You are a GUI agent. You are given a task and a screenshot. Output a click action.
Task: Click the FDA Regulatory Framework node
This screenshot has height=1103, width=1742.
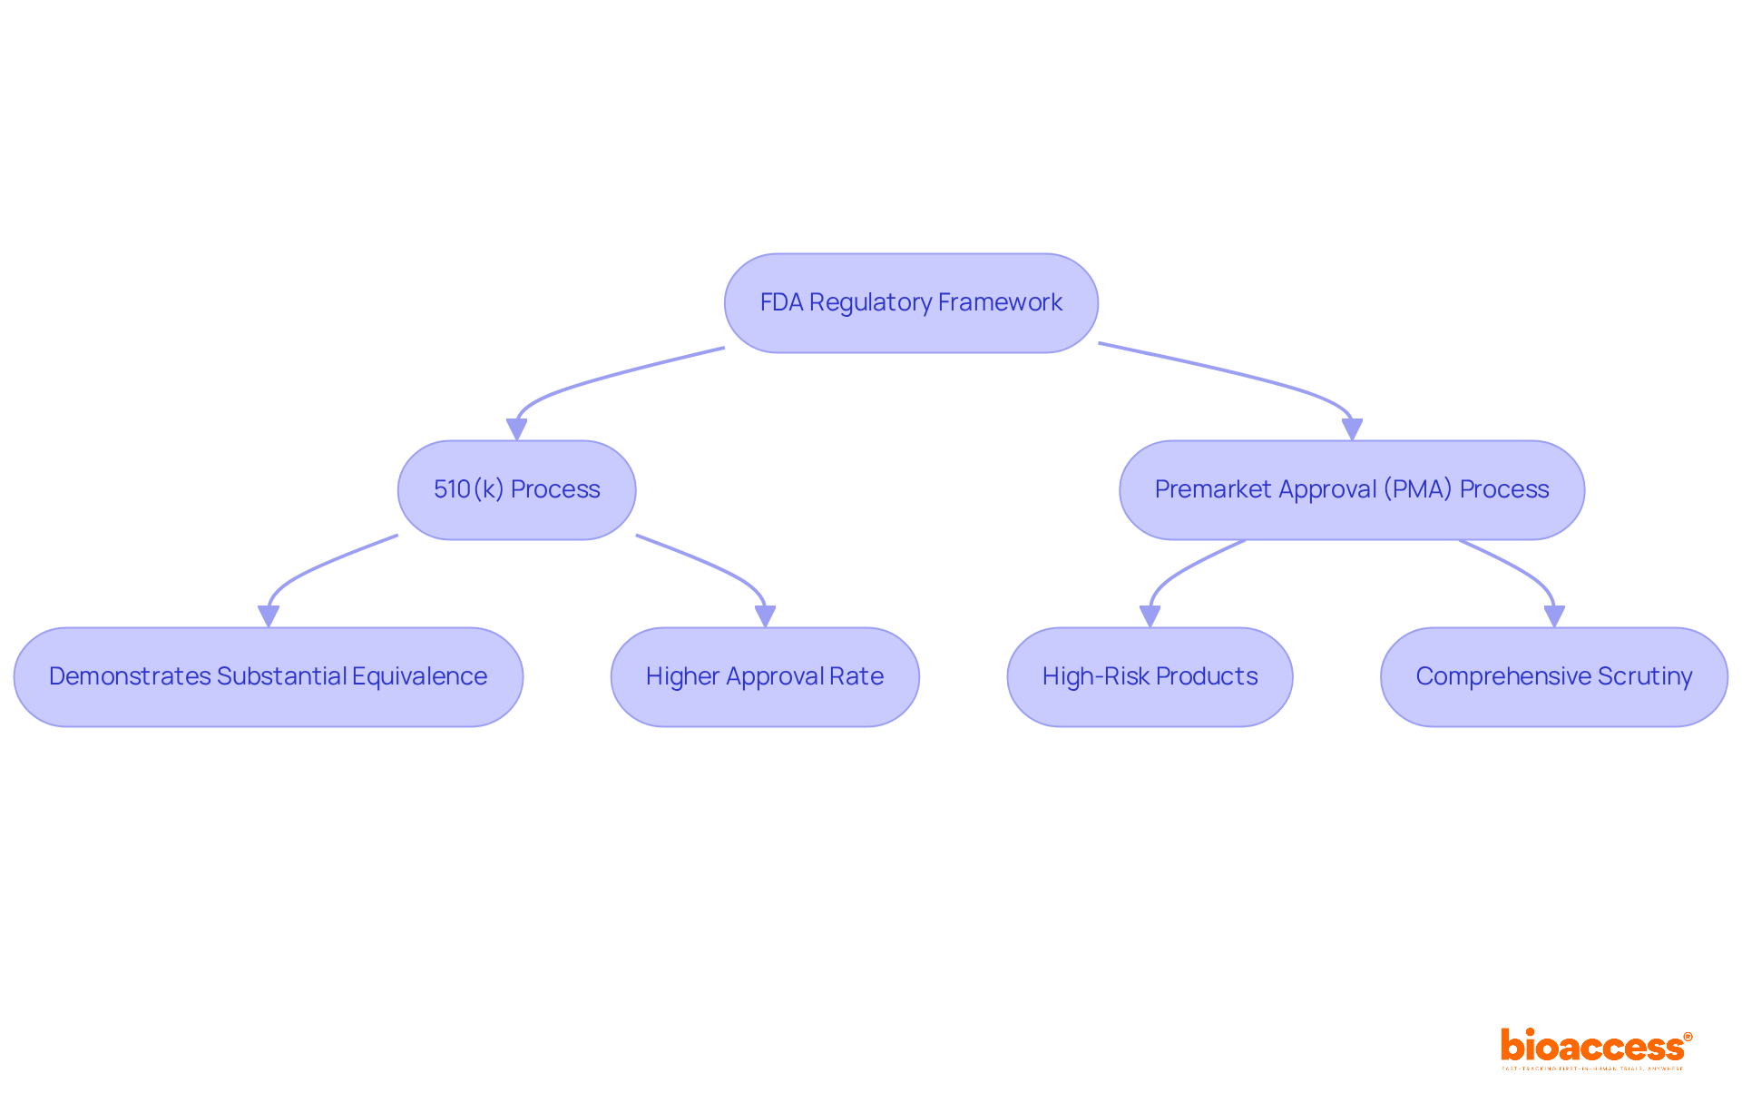click(x=911, y=303)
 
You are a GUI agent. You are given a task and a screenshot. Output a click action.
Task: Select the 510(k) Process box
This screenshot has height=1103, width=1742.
click(x=516, y=490)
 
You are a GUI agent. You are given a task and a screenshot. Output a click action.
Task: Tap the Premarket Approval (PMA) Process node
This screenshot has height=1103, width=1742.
click(x=1352, y=490)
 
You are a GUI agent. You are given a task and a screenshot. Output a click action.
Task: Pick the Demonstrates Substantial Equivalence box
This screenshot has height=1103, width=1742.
click(x=269, y=677)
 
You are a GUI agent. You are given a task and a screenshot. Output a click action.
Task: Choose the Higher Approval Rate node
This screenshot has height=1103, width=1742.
click(x=765, y=677)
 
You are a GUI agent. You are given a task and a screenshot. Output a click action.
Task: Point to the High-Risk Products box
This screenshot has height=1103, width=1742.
click(x=1150, y=677)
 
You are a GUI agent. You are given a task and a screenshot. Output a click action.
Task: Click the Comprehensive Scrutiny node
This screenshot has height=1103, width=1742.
click(x=1553, y=677)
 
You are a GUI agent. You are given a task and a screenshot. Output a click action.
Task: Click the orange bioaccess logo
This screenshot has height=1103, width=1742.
click(x=1595, y=1048)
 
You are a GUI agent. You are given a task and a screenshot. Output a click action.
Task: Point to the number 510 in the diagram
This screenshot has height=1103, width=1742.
click(x=452, y=489)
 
